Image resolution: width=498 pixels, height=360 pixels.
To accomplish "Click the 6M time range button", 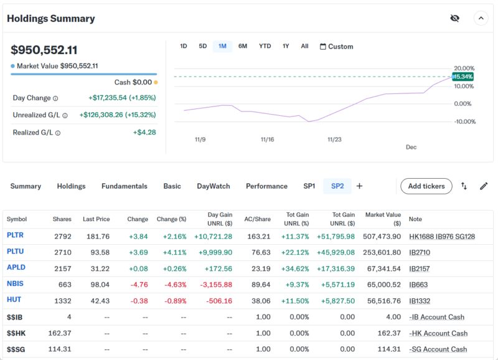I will pos(243,46).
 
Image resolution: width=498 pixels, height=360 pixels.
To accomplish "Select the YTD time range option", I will pos(265,46).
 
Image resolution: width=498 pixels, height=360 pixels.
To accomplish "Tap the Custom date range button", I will pos(336,47).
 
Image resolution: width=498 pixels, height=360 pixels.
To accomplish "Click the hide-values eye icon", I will pos(455,18).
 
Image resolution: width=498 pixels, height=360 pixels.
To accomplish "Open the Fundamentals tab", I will pos(125,186).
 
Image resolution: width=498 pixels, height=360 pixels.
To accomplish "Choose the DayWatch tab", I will pos(214,186).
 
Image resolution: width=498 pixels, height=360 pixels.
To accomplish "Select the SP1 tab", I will pos(309,186).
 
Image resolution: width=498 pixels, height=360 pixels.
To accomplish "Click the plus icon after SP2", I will pos(359,186).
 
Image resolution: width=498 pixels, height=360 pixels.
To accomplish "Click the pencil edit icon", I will pos(484,186).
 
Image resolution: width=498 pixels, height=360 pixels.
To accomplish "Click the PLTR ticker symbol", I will pos(16,236).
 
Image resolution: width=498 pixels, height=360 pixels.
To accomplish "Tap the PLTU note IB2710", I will pos(419,252).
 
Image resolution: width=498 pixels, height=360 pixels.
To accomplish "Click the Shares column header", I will pos(62,219).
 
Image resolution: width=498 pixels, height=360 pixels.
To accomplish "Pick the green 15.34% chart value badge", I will pos(463,77).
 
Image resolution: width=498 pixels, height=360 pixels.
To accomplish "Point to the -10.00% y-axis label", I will pos(464,121).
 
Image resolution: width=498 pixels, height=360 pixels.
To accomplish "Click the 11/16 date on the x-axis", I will pos(267,140).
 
